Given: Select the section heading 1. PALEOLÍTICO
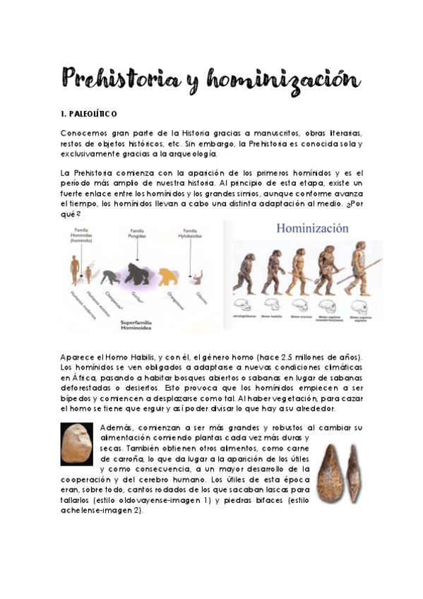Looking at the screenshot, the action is click(x=89, y=114).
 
